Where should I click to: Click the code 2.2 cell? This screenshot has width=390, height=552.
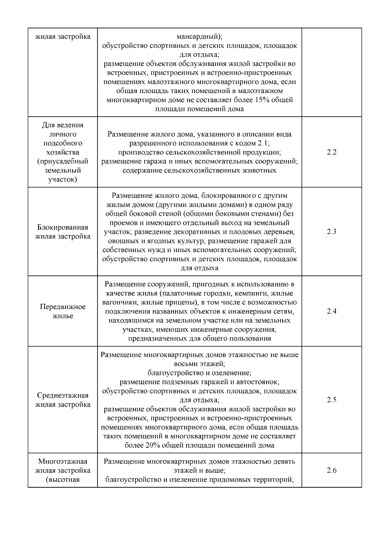click(331, 152)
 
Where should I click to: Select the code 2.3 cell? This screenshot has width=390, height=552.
click(331, 232)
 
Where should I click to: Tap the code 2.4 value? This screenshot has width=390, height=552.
click(331, 311)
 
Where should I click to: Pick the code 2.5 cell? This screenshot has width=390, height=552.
click(331, 400)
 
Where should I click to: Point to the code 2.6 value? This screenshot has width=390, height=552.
click(331, 470)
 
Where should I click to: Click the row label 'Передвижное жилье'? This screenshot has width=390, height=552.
click(63, 311)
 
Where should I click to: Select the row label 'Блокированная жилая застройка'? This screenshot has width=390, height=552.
click(63, 232)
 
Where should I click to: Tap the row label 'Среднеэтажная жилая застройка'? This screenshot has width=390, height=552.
click(63, 400)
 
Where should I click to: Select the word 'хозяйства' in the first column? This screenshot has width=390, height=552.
click(63, 152)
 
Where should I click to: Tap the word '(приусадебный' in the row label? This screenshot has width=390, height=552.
click(63, 161)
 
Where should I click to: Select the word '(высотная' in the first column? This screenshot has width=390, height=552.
click(63, 480)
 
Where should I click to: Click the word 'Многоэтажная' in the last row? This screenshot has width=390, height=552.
click(63, 462)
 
